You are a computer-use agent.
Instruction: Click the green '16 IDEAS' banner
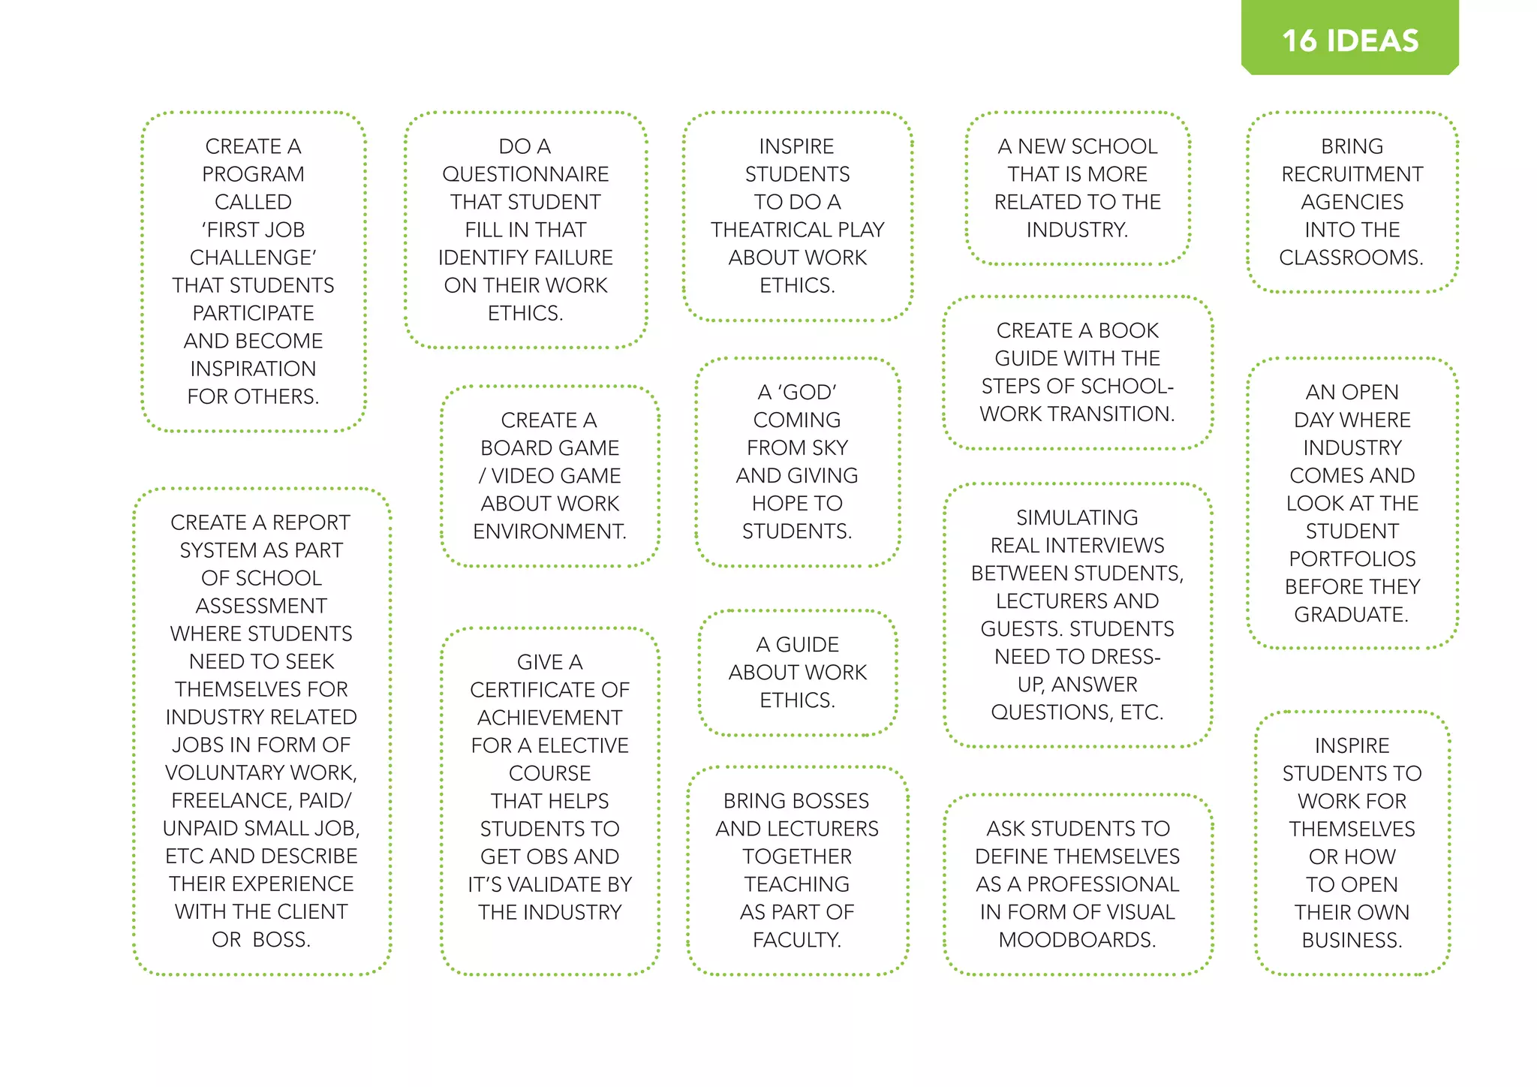pos(1349,40)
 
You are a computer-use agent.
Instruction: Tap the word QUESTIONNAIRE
pos(525,174)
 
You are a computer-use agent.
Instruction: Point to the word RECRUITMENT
pos(1352,174)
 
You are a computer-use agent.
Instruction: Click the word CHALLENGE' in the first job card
pos(253,257)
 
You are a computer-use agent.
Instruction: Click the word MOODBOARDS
pos(1077,939)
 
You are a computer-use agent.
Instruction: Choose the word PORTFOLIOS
pos(1352,559)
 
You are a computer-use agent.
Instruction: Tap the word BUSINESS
pos(1352,940)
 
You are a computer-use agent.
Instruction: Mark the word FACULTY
pos(797,939)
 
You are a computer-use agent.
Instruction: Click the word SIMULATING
pos(1077,517)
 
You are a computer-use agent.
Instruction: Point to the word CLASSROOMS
pos(1351,257)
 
